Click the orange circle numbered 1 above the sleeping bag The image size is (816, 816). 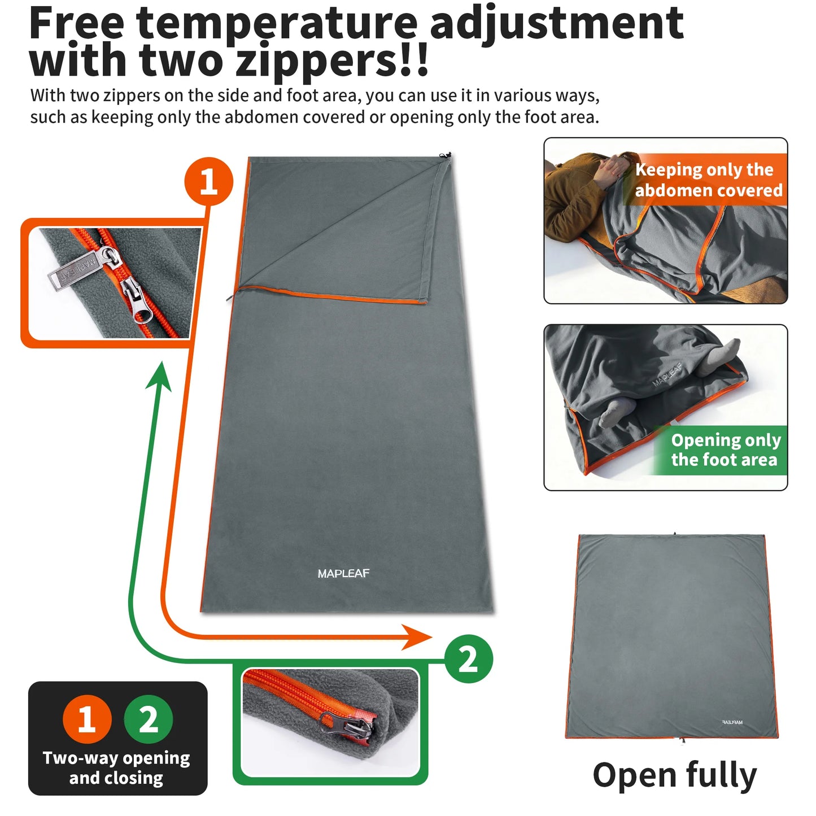208,182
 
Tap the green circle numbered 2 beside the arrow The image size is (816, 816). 468,659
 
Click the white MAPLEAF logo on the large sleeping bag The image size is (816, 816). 343,574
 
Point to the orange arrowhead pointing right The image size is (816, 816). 418,638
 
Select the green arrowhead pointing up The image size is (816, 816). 159,376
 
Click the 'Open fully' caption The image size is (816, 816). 674,776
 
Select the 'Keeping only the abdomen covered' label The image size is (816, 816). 708,180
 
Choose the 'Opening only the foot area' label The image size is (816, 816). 725,450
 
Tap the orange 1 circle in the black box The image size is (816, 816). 86,719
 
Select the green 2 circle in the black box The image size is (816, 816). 149,719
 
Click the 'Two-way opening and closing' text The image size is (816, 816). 116,767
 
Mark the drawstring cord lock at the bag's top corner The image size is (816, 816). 446,156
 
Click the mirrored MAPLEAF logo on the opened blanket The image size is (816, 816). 732,722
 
